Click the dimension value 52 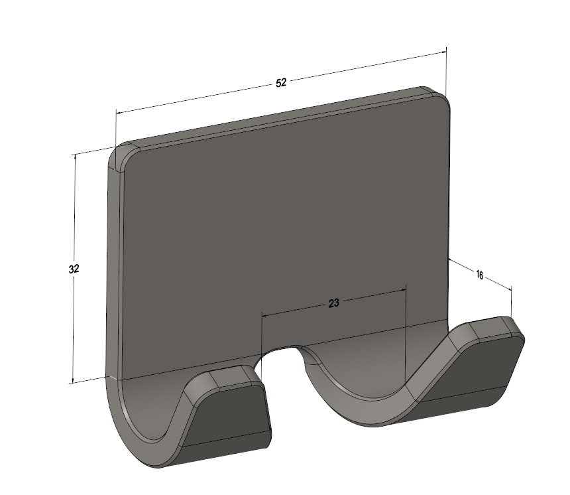click(281, 83)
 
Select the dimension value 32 click(74, 269)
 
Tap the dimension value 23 click(333, 303)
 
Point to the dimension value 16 click(480, 275)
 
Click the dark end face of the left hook click(227, 417)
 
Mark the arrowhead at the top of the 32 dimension click(76, 157)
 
